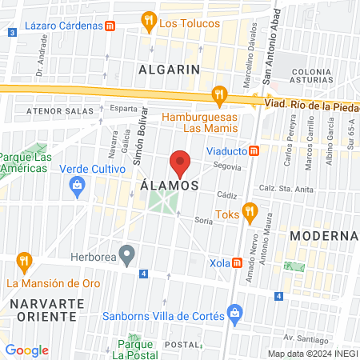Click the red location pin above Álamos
[x=180, y=162]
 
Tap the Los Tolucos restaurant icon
[x=148, y=21]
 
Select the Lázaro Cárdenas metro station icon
[x=110, y=25]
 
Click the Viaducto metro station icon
[x=254, y=150]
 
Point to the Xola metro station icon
[x=238, y=263]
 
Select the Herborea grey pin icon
[x=126, y=255]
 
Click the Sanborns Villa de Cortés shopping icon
[x=234, y=310]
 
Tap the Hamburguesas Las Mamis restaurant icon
[x=218, y=96]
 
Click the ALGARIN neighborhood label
[x=169, y=70]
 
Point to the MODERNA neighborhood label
[x=323, y=236]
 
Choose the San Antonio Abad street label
[x=271, y=43]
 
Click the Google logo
[x=27, y=350]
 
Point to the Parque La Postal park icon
[x=134, y=340]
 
